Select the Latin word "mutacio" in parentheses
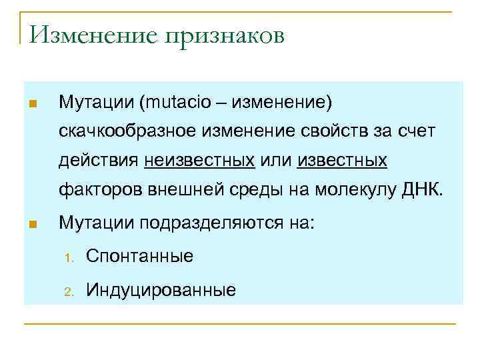pos(176,103)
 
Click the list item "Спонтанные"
pos(140,256)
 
